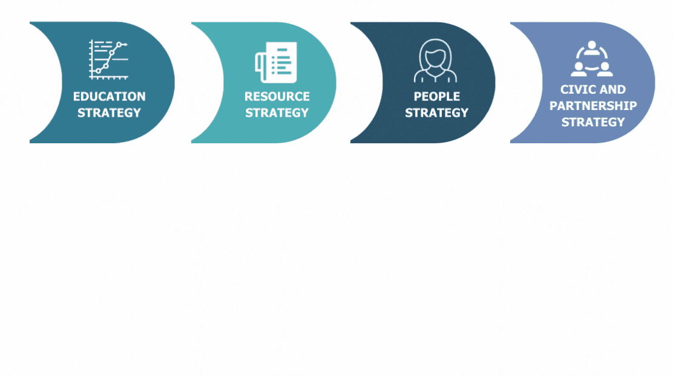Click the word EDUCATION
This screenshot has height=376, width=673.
pyautogui.click(x=110, y=97)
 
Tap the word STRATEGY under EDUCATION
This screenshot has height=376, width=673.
pyautogui.click(x=110, y=113)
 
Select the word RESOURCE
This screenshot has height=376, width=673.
pyautogui.click(x=277, y=97)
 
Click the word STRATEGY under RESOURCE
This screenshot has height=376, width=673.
pyautogui.click(x=277, y=113)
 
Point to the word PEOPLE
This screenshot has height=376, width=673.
pyautogui.click(x=436, y=97)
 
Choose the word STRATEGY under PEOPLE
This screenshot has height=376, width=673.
pyautogui.click(x=436, y=113)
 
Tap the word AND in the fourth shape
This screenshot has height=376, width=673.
pyautogui.click(x=612, y=89)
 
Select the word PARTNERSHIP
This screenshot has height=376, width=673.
pyautogui.click(x=593, y=106)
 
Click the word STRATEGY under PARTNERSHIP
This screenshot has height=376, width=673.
pyautogui.click(x=593, y=122)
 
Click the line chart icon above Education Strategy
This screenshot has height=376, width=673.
pyautogui.click(x=108, y=60)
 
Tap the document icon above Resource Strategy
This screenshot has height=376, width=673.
pyautogui.click(x=276, y=62)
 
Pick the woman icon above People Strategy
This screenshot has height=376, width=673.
pyautogui.click(x=435, y=60)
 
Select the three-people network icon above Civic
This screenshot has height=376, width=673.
pyautogui.click(x=592, y=59)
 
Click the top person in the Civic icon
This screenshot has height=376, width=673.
pyautogui.click(x=592, y=47)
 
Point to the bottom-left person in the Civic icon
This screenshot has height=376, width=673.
pyautogui.click(x=579, y=70)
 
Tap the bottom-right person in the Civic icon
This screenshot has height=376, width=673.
pyautogui.click(x=605, y=70)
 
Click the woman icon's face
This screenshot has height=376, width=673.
pyautogui.click(x=435, y=59)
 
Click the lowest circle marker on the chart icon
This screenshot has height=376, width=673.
pyautogui.click(x=98, y=71)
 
